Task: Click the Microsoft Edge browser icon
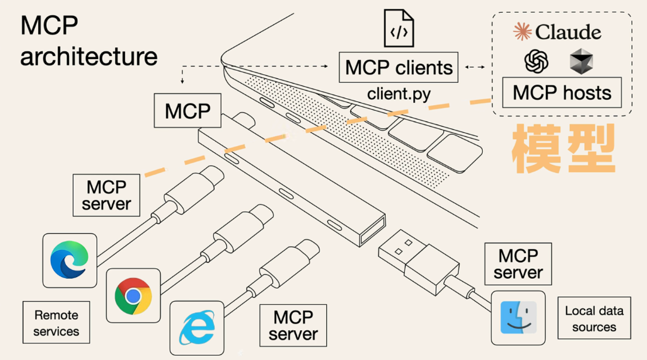[x=70, y=259]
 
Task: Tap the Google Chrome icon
[x=133, y=295]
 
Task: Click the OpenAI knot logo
[x=537, y=61]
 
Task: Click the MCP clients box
[x=399, y=67]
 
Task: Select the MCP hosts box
[x=562, y=92]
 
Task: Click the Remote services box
[x=56, y=323]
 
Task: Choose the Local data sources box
[x=594, y=319]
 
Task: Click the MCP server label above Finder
[x=518, y=264]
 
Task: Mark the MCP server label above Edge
[x=106, y=195]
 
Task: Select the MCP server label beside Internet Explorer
[x=293, y=326]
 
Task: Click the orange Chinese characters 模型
[x=563, y=149]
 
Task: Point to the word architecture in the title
[x=89, y=57]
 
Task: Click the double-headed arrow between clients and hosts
[x=475, y=68]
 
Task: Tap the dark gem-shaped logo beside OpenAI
[x=581, y=61]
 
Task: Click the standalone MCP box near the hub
[x=188, y=110]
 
